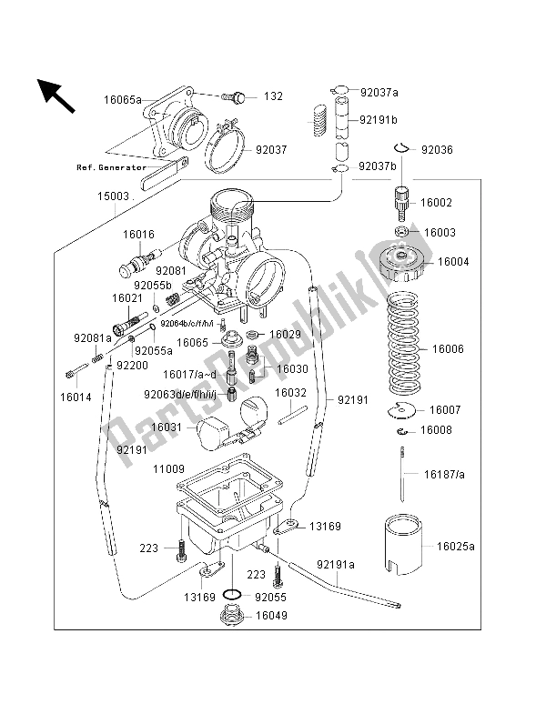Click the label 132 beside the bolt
[x=273, y=96]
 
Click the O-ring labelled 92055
[x=232, y=596]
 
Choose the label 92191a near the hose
[x=336, y=564]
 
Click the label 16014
[x=75, y=397]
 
